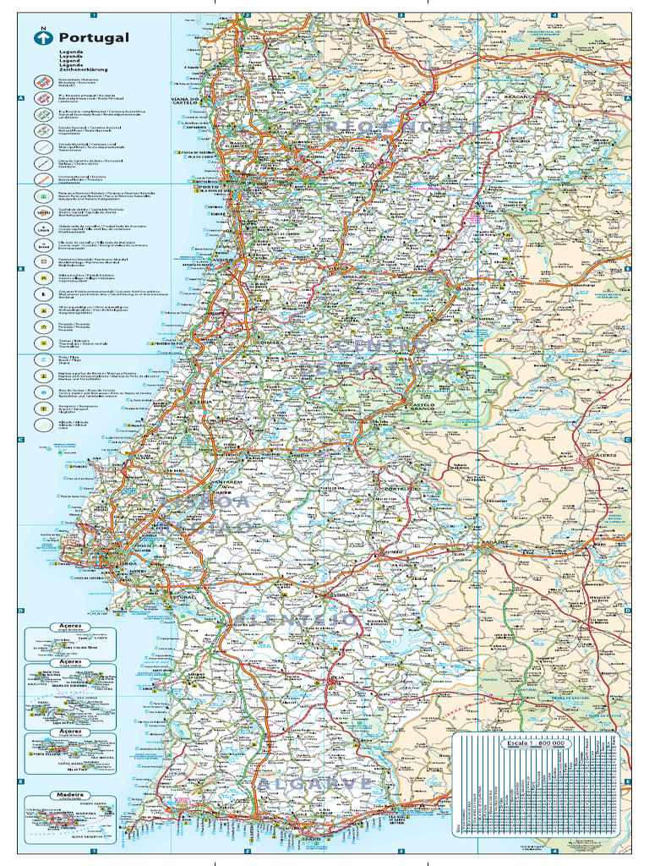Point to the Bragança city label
(x=522, y=96)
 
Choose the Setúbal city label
(x=183, y=596)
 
